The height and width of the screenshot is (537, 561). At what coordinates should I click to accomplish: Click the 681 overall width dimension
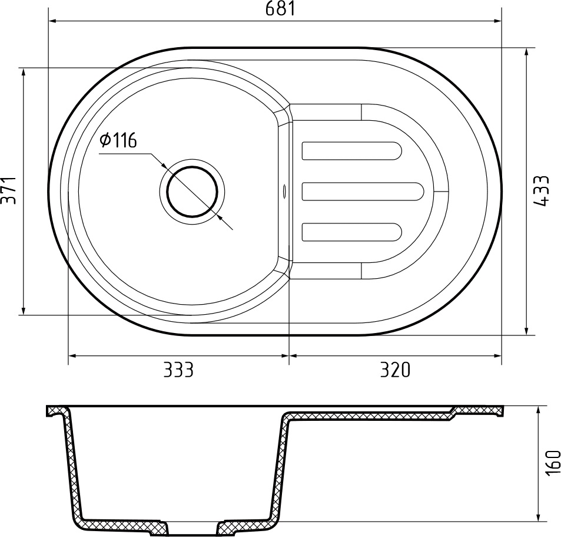point(274,9)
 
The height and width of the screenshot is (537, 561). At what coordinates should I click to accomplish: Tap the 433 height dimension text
point(543,190)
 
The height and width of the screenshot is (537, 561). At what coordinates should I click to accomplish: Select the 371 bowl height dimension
point(8,190)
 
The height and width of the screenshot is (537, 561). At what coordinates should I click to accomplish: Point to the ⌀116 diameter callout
point(118,140)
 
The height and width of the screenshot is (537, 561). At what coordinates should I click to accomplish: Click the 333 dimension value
point(178,370)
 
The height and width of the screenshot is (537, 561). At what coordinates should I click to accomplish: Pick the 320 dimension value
point(394,370)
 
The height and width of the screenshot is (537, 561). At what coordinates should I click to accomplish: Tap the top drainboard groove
point(352,150)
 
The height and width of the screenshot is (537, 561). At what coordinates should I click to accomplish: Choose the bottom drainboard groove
point(352,232)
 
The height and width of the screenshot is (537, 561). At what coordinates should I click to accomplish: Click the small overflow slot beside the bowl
point(286,191)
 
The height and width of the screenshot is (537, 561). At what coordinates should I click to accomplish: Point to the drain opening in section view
point(192,528)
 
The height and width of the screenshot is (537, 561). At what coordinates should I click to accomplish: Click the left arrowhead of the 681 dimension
point(52,21)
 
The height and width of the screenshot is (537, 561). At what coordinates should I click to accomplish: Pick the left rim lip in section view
point(55,411)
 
